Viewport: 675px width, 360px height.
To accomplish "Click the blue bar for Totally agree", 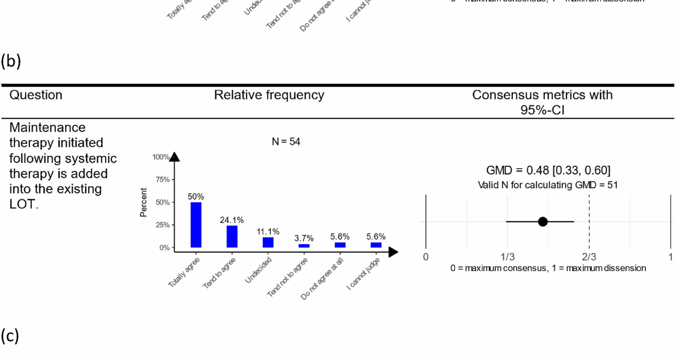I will pos(196,225).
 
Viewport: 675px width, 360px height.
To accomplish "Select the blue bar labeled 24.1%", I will pos(232,236).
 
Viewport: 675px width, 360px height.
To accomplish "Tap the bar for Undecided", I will pos(268,242).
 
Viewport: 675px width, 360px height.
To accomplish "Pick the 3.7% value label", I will pos(304,238).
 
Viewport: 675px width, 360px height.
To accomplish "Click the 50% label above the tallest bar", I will pos(196,197).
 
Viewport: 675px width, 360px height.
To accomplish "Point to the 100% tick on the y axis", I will pos(161,157).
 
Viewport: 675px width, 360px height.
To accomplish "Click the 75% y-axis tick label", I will pos(162,180).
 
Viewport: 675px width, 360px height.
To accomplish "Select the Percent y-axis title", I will pos(143,202).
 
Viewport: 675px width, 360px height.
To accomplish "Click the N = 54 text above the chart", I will pos(286,142).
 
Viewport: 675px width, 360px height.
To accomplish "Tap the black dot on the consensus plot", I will pos(542,221).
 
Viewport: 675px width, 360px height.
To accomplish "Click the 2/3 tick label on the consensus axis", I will pos(589,257).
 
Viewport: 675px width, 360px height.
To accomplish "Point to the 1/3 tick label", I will pos(507,257).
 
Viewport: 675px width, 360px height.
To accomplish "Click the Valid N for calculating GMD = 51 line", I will pos(547,185).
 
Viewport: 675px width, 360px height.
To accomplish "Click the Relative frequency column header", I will pos(269,95).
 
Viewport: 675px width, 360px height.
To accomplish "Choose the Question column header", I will pos(36,95).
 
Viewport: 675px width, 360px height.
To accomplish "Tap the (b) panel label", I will pos(11,61).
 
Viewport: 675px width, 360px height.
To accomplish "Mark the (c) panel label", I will pos(10,336).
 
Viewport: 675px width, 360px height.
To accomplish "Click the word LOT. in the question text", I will pos(24,204).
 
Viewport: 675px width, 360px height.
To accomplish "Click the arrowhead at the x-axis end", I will pos(393,252).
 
